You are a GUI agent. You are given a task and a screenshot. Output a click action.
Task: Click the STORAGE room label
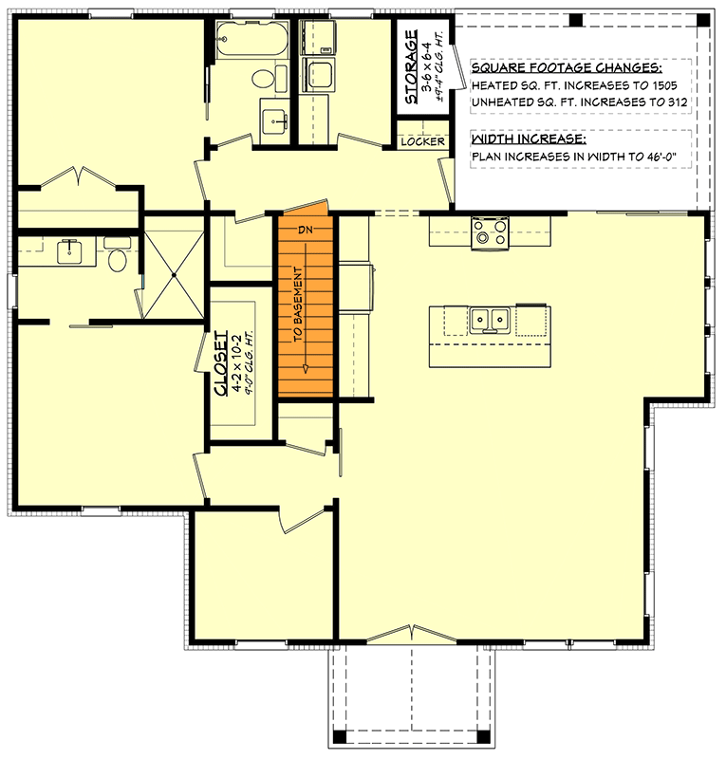pyautogui.click(x=411, y=68)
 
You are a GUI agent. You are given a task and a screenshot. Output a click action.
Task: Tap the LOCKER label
pyautogui.click(x=422, y=141)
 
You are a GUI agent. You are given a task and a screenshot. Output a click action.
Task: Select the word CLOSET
pyautogui.click(x=220, y=362)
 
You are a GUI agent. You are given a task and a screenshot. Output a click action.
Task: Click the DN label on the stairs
pyautogui.click(x=306, y=231)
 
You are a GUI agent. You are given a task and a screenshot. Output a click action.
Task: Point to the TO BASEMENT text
pyautogui.click(x=298, y=312)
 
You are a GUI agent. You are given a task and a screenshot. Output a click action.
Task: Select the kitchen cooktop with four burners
pyautogui.click(x=492, y=231)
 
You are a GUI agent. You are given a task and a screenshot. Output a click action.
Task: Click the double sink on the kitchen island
pyautogui.click(x=492, y=320)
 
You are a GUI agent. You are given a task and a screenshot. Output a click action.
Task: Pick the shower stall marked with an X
pyautogui.click(x=173, y=275)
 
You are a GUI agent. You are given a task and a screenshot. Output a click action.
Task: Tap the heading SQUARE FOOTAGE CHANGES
pyautogui.click(x=567, y=69)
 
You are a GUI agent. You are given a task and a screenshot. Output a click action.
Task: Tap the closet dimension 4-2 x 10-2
pyautogui.click(x=233, y=362)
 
